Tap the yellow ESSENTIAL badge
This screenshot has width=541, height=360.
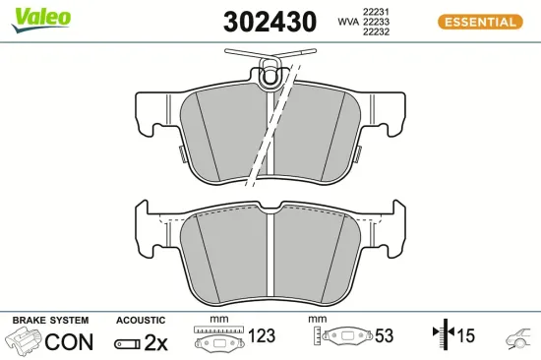pyautogui.click(x=478, y=22)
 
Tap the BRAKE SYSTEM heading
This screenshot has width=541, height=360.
pyautogui.click(x=50, y=321)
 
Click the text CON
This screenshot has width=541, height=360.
pyautogui.click(x=70, y=341)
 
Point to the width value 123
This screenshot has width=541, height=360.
pyautogui.click(x=262, y=336)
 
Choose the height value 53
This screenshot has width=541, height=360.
pyautogui.click(x=384, y=336)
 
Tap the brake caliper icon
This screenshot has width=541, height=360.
pyautogui.click(x=25, y=341)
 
